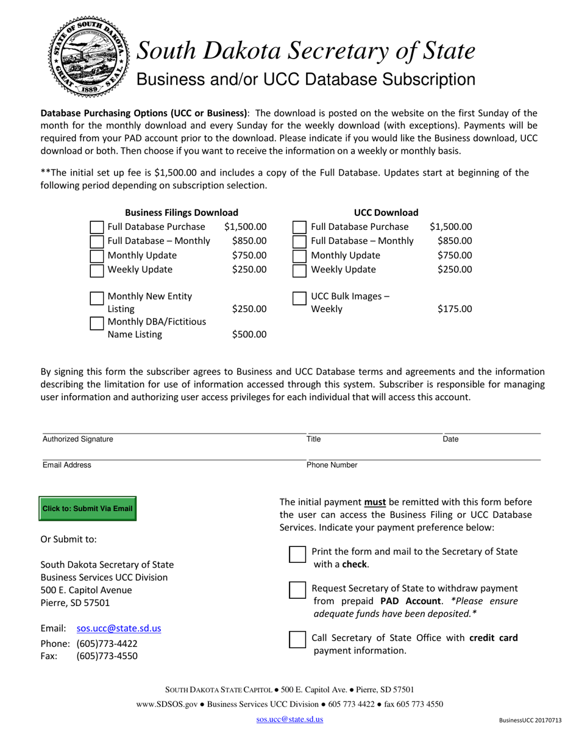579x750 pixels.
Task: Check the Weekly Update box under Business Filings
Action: tap(97, 270)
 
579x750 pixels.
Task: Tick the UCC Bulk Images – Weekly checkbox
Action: tap(299, 298)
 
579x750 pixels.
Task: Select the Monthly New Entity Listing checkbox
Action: tap(97, 298)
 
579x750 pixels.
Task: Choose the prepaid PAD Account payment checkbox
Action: tap(297, 591)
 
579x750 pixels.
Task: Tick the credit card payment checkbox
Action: tap(297, 639)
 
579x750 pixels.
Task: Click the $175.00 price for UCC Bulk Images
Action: tap(454, 309)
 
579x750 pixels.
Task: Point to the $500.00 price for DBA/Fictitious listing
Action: tap(249, 334)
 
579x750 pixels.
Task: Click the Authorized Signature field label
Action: tap(77, 439)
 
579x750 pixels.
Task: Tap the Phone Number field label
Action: tap(332, 465)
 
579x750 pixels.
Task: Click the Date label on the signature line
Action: tap(450, 439)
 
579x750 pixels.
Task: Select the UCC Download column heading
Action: tap(386, 212)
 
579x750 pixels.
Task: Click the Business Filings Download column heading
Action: tap(182, 212)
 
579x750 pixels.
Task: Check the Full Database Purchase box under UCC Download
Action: tap(299, 227)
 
